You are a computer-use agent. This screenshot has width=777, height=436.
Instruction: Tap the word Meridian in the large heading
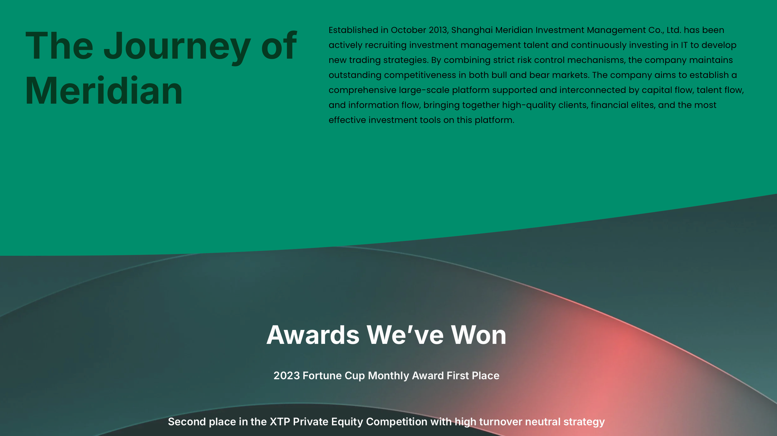[x=104, y=91]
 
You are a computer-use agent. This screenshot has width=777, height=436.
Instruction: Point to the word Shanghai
[x=472, y=30]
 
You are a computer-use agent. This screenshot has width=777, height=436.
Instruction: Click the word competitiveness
[x=420, y=75]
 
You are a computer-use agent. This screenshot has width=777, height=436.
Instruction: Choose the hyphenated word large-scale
[x=424, y=90]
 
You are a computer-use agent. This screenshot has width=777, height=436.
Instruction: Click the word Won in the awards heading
[x=478, y=335]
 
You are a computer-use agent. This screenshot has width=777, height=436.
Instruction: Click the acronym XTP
[x=280, y=422]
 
